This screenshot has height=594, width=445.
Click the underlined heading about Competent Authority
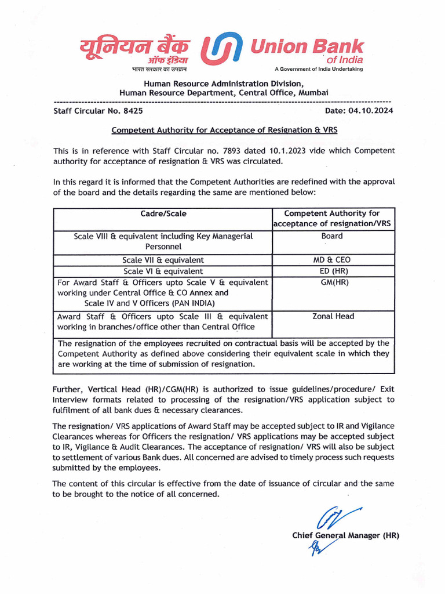pos(224,131)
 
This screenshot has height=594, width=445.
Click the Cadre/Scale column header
pos(163,214)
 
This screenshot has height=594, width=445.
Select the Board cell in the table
pos(331,236)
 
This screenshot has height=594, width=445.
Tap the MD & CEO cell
pos(331,260)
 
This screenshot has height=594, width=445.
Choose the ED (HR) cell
pos(331,271)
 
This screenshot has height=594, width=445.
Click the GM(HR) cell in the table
pos(331,282)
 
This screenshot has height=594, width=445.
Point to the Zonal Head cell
pos(333,317)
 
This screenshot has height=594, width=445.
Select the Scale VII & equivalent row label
pos(163,260)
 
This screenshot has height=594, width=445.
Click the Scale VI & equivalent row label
pos(163,271)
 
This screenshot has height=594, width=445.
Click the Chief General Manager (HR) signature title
pos(346,535)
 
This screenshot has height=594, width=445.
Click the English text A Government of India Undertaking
pos(318,69)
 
